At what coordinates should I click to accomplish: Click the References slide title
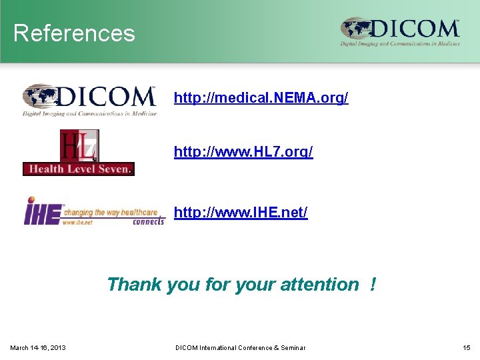coord(74,33)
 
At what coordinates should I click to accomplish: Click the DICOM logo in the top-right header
coord(400,32)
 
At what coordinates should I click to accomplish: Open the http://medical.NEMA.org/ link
coord(261,98)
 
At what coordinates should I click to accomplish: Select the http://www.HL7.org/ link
coord(243,152)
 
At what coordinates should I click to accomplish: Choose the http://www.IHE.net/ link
coord(241,213)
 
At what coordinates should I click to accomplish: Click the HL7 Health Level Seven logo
coord(79,153)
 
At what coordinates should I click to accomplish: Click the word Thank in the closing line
coord(134,285)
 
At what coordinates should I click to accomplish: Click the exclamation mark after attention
coord(372,285)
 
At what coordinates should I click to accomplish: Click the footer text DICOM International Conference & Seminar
coord(240,347)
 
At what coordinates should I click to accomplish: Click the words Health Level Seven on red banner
coord(79,169)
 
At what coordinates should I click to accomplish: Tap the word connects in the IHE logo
coord(148,221)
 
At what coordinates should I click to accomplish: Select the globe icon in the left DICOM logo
coord(41,97)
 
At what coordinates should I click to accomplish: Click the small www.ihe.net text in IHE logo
coord(77,222)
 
